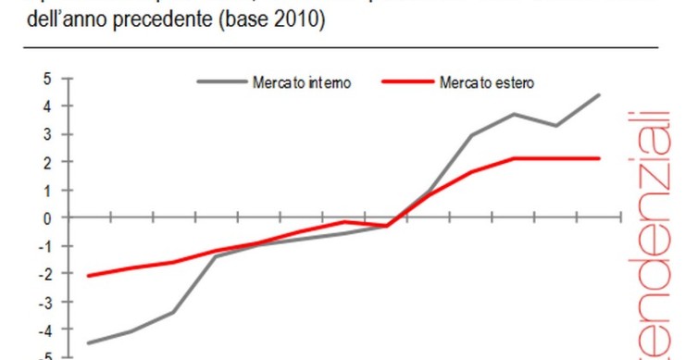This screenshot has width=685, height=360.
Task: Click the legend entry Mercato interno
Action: pos(302,82)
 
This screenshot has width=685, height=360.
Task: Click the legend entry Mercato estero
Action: pos(492,82)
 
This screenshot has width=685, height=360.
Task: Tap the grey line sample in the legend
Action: pos(221,82)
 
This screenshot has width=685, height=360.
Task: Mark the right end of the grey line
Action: pos(599,94)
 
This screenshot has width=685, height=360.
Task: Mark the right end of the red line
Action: pos(599,158)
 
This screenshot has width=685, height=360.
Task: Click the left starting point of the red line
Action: pos(88,276)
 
